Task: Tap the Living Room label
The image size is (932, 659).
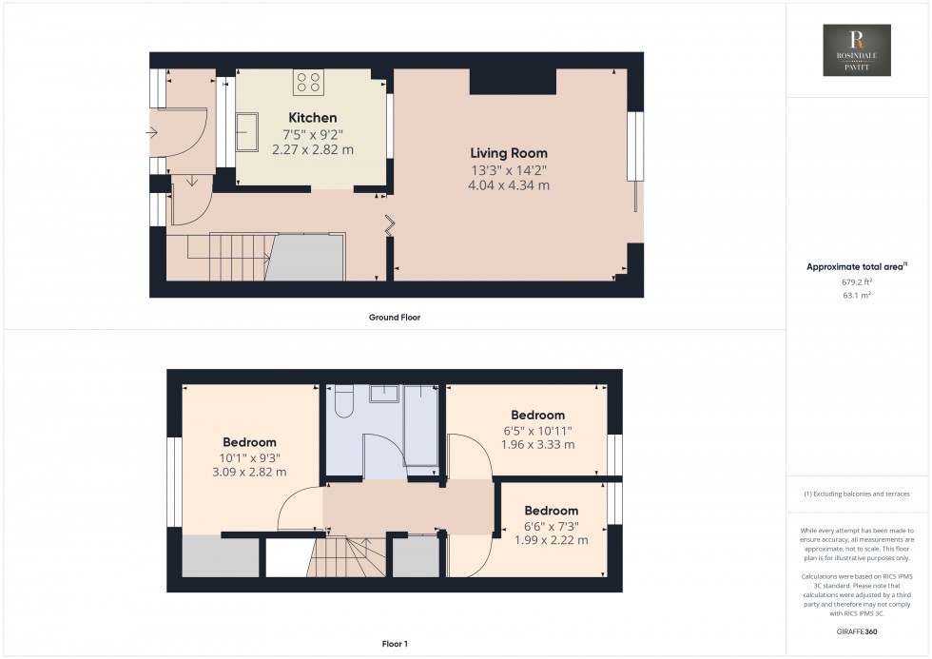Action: [x=509, y=153]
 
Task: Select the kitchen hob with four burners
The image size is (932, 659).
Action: [x=309, y=82]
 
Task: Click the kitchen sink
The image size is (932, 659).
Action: [x=247, y=131]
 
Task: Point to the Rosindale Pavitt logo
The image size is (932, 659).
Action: [x=856, y=50]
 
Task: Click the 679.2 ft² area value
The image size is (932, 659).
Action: [x=857, y=281]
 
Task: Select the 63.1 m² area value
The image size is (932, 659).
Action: [x=857, y=295]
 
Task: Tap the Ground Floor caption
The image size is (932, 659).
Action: [x=395, y=318]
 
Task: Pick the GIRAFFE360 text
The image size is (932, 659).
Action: [x=857, y=631]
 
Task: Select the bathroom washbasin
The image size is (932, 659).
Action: [x=385, y=393]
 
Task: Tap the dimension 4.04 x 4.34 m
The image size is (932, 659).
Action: [x=509, y=185]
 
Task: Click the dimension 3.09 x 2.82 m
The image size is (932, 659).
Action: [x=249, y=473]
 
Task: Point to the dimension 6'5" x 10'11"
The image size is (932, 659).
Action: [x=537, y=431]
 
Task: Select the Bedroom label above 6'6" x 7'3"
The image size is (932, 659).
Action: [x=551, y=511]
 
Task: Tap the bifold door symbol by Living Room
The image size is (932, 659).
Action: [x=390, y=225]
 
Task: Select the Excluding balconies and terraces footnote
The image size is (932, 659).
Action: [x=857, y=494]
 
